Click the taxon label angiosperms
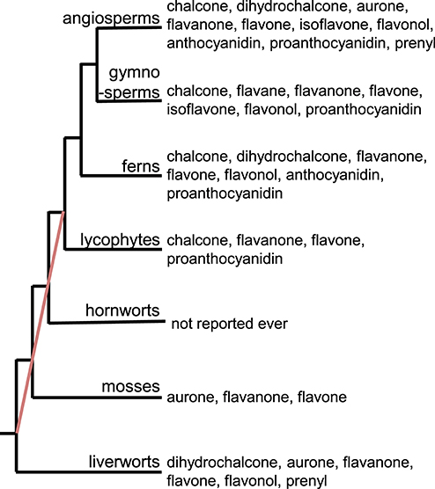[111, 18]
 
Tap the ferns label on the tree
[141, 166]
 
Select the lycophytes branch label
[121, 240]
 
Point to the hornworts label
[122, 310]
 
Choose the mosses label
[131, 386]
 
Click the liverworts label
[124, 462]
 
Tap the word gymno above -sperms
[134, 73]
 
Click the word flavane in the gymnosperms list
[261, 91]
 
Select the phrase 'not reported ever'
[230, 324]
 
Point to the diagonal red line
[41, 323]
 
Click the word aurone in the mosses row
[192, 398]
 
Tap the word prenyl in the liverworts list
[306, 480]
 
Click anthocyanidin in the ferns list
[335, 175]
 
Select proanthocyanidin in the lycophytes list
[225, 259]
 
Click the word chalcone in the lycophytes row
[199, 240]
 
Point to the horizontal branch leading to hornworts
[107, 322]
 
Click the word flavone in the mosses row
[322, 398]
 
